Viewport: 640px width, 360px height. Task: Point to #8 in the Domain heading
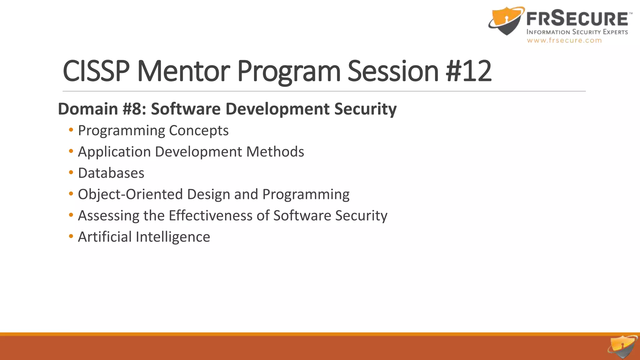134,109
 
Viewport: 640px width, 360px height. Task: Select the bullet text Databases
111,173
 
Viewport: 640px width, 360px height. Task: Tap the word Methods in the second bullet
275,152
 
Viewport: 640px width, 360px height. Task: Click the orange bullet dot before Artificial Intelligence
71,236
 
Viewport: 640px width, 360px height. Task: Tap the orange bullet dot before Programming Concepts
71,130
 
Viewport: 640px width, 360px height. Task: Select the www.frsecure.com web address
564,40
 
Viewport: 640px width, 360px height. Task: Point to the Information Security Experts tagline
577,32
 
